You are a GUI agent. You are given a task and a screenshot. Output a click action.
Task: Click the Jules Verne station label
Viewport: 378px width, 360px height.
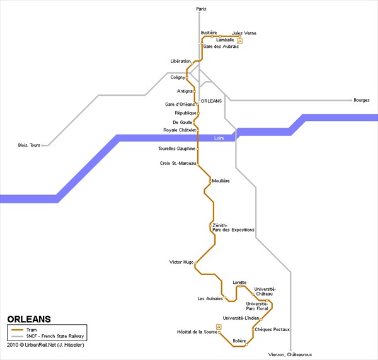click(x=244, y=33)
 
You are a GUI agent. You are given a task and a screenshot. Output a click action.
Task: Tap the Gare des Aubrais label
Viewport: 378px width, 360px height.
click(x=221, y=47)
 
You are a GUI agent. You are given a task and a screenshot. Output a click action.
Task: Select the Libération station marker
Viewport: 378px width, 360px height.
click(x=192, y=64)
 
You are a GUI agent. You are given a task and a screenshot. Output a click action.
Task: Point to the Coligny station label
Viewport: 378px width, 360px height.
click(x=178, y=77)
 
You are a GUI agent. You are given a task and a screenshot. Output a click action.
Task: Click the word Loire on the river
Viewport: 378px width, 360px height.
click(x=219, y=138)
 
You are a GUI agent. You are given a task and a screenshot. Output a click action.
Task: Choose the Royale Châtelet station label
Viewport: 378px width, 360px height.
click(x=180, y=130)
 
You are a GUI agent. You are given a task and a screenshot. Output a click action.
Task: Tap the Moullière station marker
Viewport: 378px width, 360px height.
click(x=210, y=181)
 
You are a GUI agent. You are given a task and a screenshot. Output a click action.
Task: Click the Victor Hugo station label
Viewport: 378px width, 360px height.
click(x=181, y=262)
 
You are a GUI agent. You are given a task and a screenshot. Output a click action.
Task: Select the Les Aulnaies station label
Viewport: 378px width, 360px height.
click(x=210, y=298)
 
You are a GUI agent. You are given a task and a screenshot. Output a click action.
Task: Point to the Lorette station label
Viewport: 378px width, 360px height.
click(x=239, y=283)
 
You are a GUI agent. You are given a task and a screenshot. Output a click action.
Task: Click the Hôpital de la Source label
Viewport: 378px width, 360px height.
click(x=197, y=332)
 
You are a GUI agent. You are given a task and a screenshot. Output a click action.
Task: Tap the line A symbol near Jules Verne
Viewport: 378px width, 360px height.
click(x=239, y=41)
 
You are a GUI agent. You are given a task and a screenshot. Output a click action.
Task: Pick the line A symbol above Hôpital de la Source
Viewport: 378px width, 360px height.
click(x=219, y=327)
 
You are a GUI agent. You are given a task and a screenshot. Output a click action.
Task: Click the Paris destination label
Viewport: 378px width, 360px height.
click(x=202, y=9)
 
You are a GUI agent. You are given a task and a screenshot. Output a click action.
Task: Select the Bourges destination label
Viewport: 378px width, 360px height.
click(x=362, y=100)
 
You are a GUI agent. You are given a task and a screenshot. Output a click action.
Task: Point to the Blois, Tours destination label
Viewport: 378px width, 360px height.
click(x=29, y=145)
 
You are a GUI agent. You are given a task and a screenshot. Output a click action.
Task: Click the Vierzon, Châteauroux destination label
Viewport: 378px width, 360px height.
click(x=290, y=354)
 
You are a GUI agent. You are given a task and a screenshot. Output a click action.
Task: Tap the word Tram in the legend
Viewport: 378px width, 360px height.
click(x=31, y=330)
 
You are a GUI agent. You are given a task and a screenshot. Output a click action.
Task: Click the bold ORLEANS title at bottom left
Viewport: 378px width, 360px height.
click(x=29, y=319)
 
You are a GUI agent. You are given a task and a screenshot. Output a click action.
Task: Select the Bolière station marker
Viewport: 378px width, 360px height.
click(x=246, y=345)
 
